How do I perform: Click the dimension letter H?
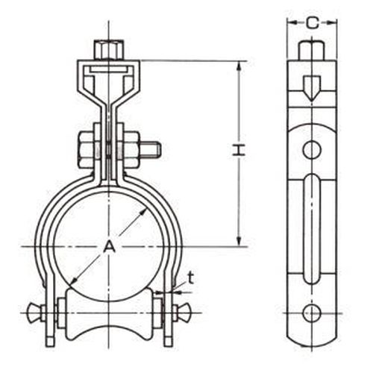pyautogui.click(x=239, y=150)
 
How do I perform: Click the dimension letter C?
pyautogui.click(x=312, y=23)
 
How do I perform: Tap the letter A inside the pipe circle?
pyautogui.click(x=110, y=246)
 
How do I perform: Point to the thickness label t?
pyautogui.click(x=190, y=278)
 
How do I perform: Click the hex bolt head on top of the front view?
pyautogui.click(x=109, y=50)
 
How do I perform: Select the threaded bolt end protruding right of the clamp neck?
pyautogui.click(x=150, y=149)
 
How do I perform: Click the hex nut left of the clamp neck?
pyautogui.click(x=86, y=150)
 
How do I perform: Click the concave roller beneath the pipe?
pyautogui.click(x=109, y=321)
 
